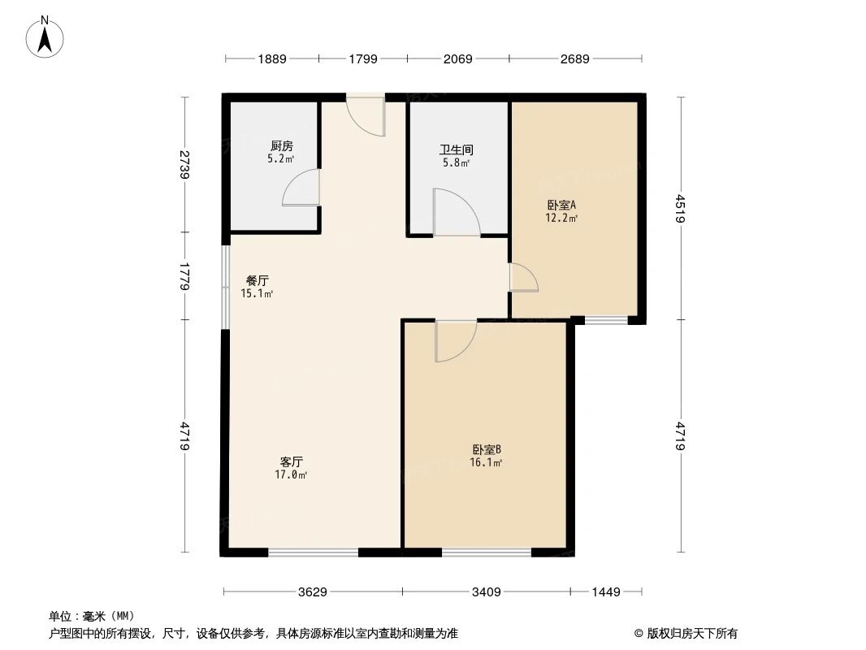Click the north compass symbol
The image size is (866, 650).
click(x=46, y=36)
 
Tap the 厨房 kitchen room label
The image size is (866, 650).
click(x=281, y=146)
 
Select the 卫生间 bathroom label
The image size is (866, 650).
click(x=457, y=150)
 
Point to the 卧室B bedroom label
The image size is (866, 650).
click(x=486, y=449)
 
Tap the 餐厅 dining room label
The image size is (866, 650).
click(x=257, y=280)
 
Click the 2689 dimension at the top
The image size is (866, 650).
click(x=574, y=58)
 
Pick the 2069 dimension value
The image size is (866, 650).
click(x=457, y=58)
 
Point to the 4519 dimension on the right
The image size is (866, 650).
click(x=681, y=208)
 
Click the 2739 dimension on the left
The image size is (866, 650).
click(x=185, y=165)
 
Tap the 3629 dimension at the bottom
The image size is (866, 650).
click(x=312, y=592)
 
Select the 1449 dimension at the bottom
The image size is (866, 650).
click(x=606, y=592)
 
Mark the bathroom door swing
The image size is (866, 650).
click(x=455, y=213)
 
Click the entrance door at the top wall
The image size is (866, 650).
click(x=365, y=116)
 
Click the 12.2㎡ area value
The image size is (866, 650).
click(x=561, y=218)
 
